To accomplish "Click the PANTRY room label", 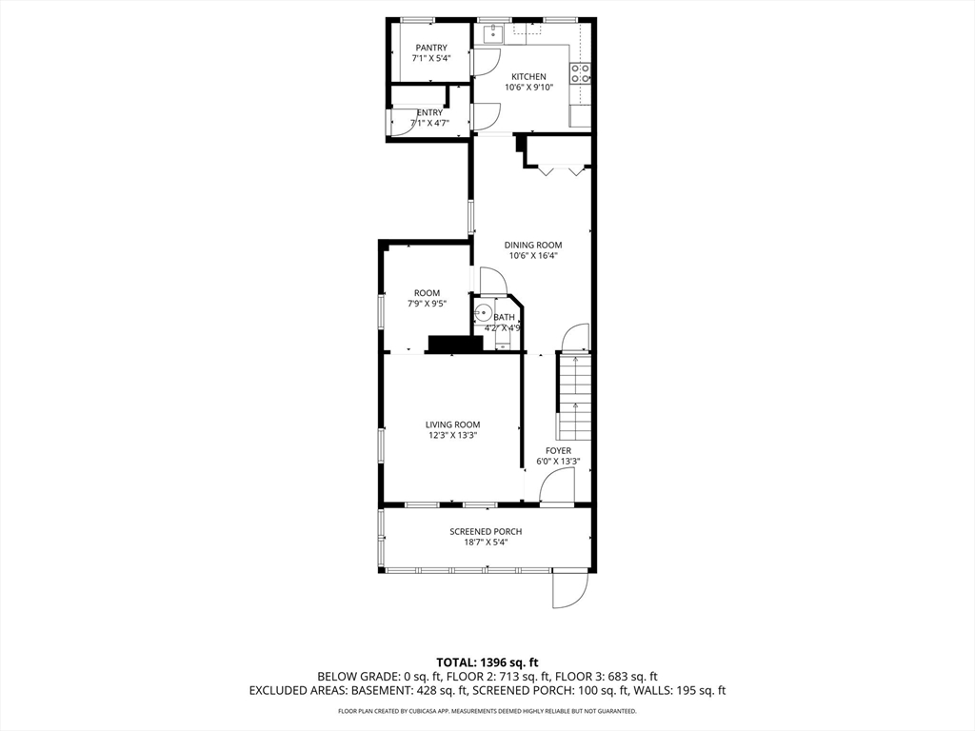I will [x=430, y=48].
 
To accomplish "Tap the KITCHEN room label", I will [x=528, y=77].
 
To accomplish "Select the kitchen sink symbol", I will [x=491, y=35].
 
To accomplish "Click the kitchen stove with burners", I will [x=579, y=73].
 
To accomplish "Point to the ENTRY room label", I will [x=429, y=112].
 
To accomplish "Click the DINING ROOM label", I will [x=533, y=245].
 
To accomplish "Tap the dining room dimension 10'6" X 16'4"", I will [x=533, y=255].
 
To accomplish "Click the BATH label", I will [x=504, y=317].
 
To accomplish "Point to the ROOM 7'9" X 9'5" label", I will [x=427, y=293].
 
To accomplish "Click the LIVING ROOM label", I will [x=452, y=425].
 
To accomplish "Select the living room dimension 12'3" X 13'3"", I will [x=452, y=435].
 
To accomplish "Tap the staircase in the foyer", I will [x=574, y=396].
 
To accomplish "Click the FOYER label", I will [x=558, y=451].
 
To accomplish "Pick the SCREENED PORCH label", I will [x=486, y=531].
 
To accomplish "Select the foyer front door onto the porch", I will [x=555, y=489].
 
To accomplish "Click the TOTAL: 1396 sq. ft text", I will [x=487, y=662].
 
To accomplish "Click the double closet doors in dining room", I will [x=558, y=170].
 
